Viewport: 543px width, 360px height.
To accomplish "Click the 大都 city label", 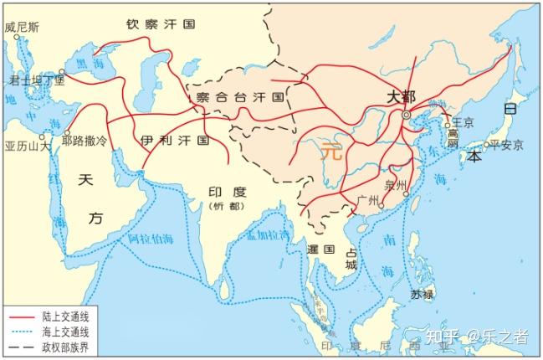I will click(x=401, y=97).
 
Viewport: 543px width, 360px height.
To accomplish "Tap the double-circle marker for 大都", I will click(x=407, y=114).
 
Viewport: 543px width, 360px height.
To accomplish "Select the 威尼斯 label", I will click(x=22, y=27).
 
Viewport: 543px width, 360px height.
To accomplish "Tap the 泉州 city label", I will click(x=394, y=185).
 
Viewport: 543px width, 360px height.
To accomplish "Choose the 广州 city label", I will click(x=368, y=200).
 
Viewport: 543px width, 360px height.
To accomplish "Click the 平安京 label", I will click(x=506, y=145).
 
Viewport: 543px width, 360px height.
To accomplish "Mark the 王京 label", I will click(x=463, y=122).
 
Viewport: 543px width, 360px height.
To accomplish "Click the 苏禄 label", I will click(x=422, y=294).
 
